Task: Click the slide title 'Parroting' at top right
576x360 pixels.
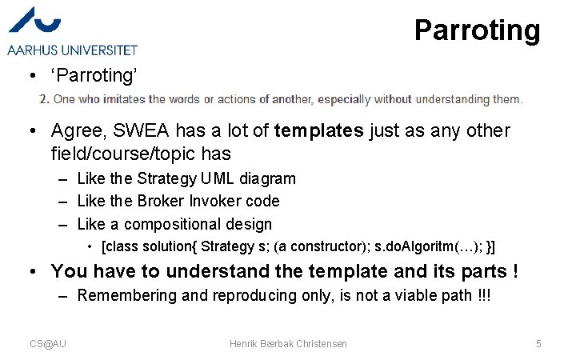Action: click(x=477, y=30)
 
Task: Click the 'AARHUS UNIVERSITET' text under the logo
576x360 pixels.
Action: click(x=72, y=50)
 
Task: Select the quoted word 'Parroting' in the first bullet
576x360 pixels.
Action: click(x=95, y=75)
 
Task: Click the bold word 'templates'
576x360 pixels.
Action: click(x=318, y=130)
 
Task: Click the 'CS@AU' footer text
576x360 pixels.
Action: click(x=48, y=343)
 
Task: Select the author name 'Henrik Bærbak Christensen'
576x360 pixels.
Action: click(x=288, y=343)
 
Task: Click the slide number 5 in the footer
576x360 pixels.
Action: click(x=538, y=343)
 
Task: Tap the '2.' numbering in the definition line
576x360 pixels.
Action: click(x=45, y=99)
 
